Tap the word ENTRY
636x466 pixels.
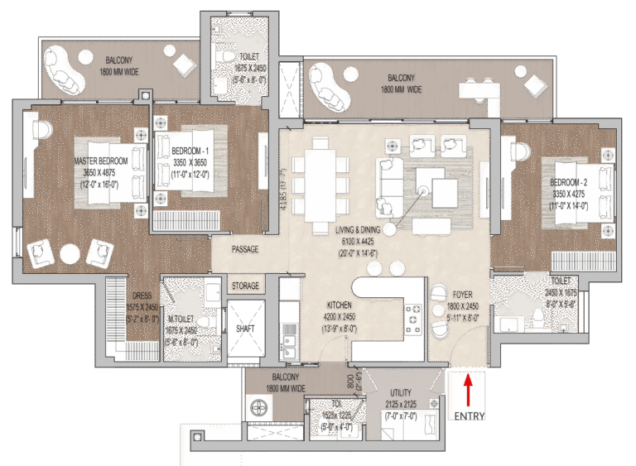click(x=466, y=415)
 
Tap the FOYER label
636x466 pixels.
click(x=461, y=294)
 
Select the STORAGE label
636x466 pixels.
click(x=243, y=286)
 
